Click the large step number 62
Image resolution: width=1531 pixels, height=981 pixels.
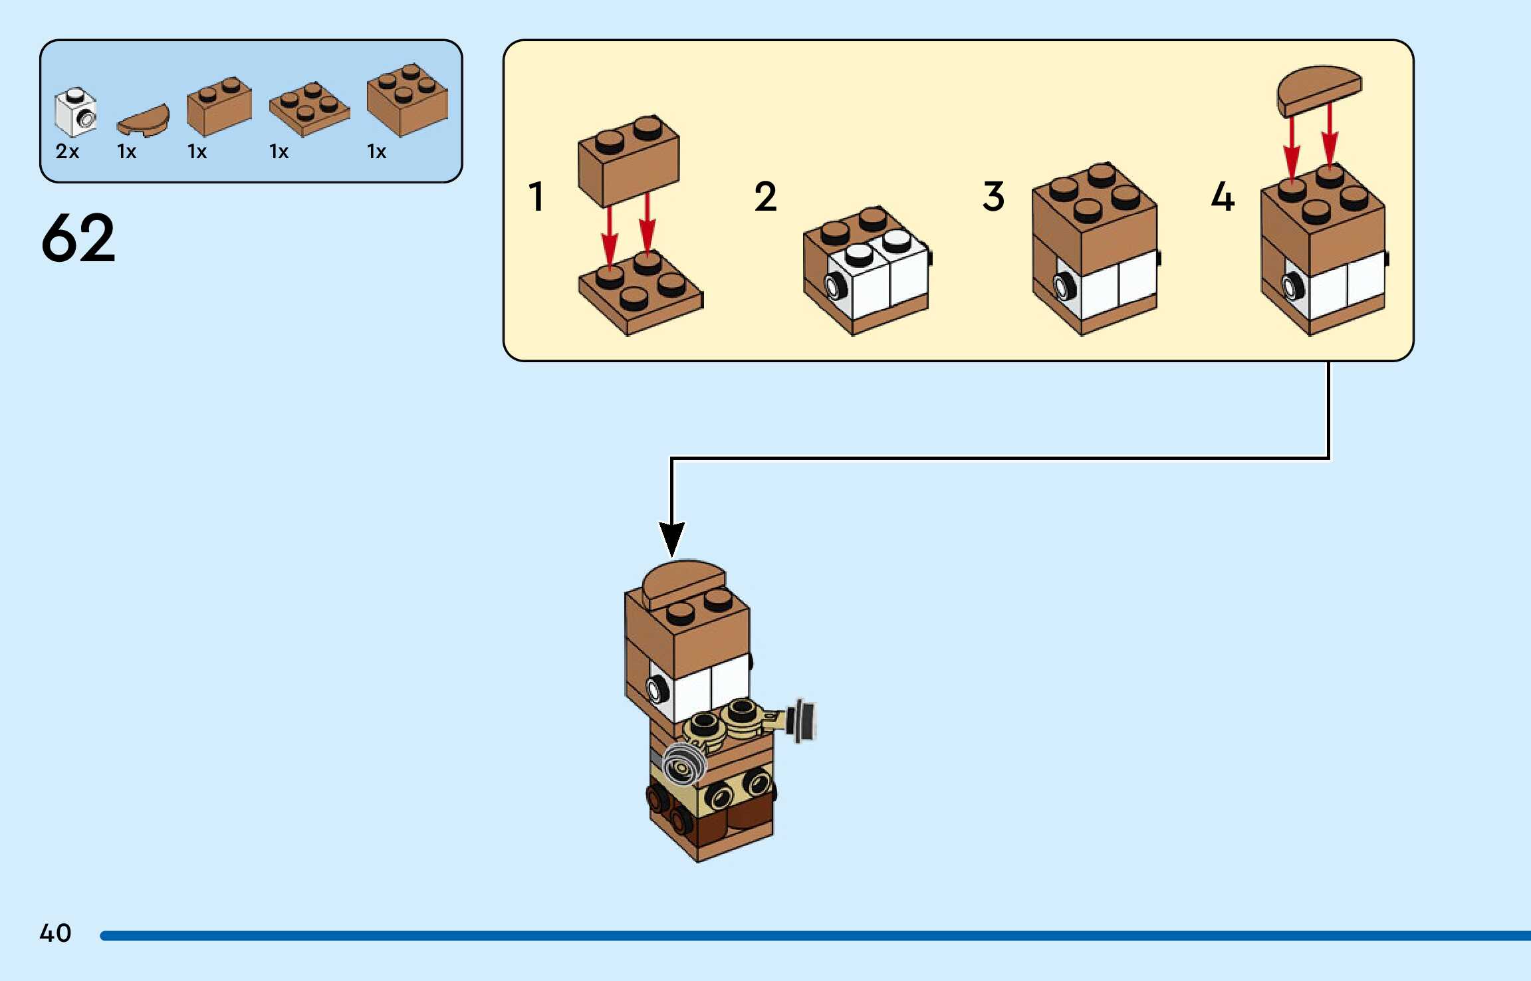[x=78, y=237]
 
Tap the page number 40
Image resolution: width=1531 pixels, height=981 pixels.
[x=55, y=932]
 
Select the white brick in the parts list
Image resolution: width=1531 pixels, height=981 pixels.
[x=75, y=112]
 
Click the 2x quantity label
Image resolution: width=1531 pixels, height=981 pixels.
[x=67, y=152]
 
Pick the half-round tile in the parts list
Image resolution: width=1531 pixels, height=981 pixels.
[x=143, y=120]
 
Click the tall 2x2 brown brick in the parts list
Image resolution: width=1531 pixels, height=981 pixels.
[x=408, y=100]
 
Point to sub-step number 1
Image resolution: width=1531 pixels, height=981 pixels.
[x=536, y=197]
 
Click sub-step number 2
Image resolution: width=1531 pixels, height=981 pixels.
[x=765, y=197]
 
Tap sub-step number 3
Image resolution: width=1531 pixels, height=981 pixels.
[x=993, y=197]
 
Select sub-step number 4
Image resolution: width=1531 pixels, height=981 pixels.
[x=1223, y=197]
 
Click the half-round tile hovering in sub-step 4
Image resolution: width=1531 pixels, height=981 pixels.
[x=1319, y=90]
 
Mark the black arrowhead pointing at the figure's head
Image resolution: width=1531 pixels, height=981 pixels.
[x=671, y=538]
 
